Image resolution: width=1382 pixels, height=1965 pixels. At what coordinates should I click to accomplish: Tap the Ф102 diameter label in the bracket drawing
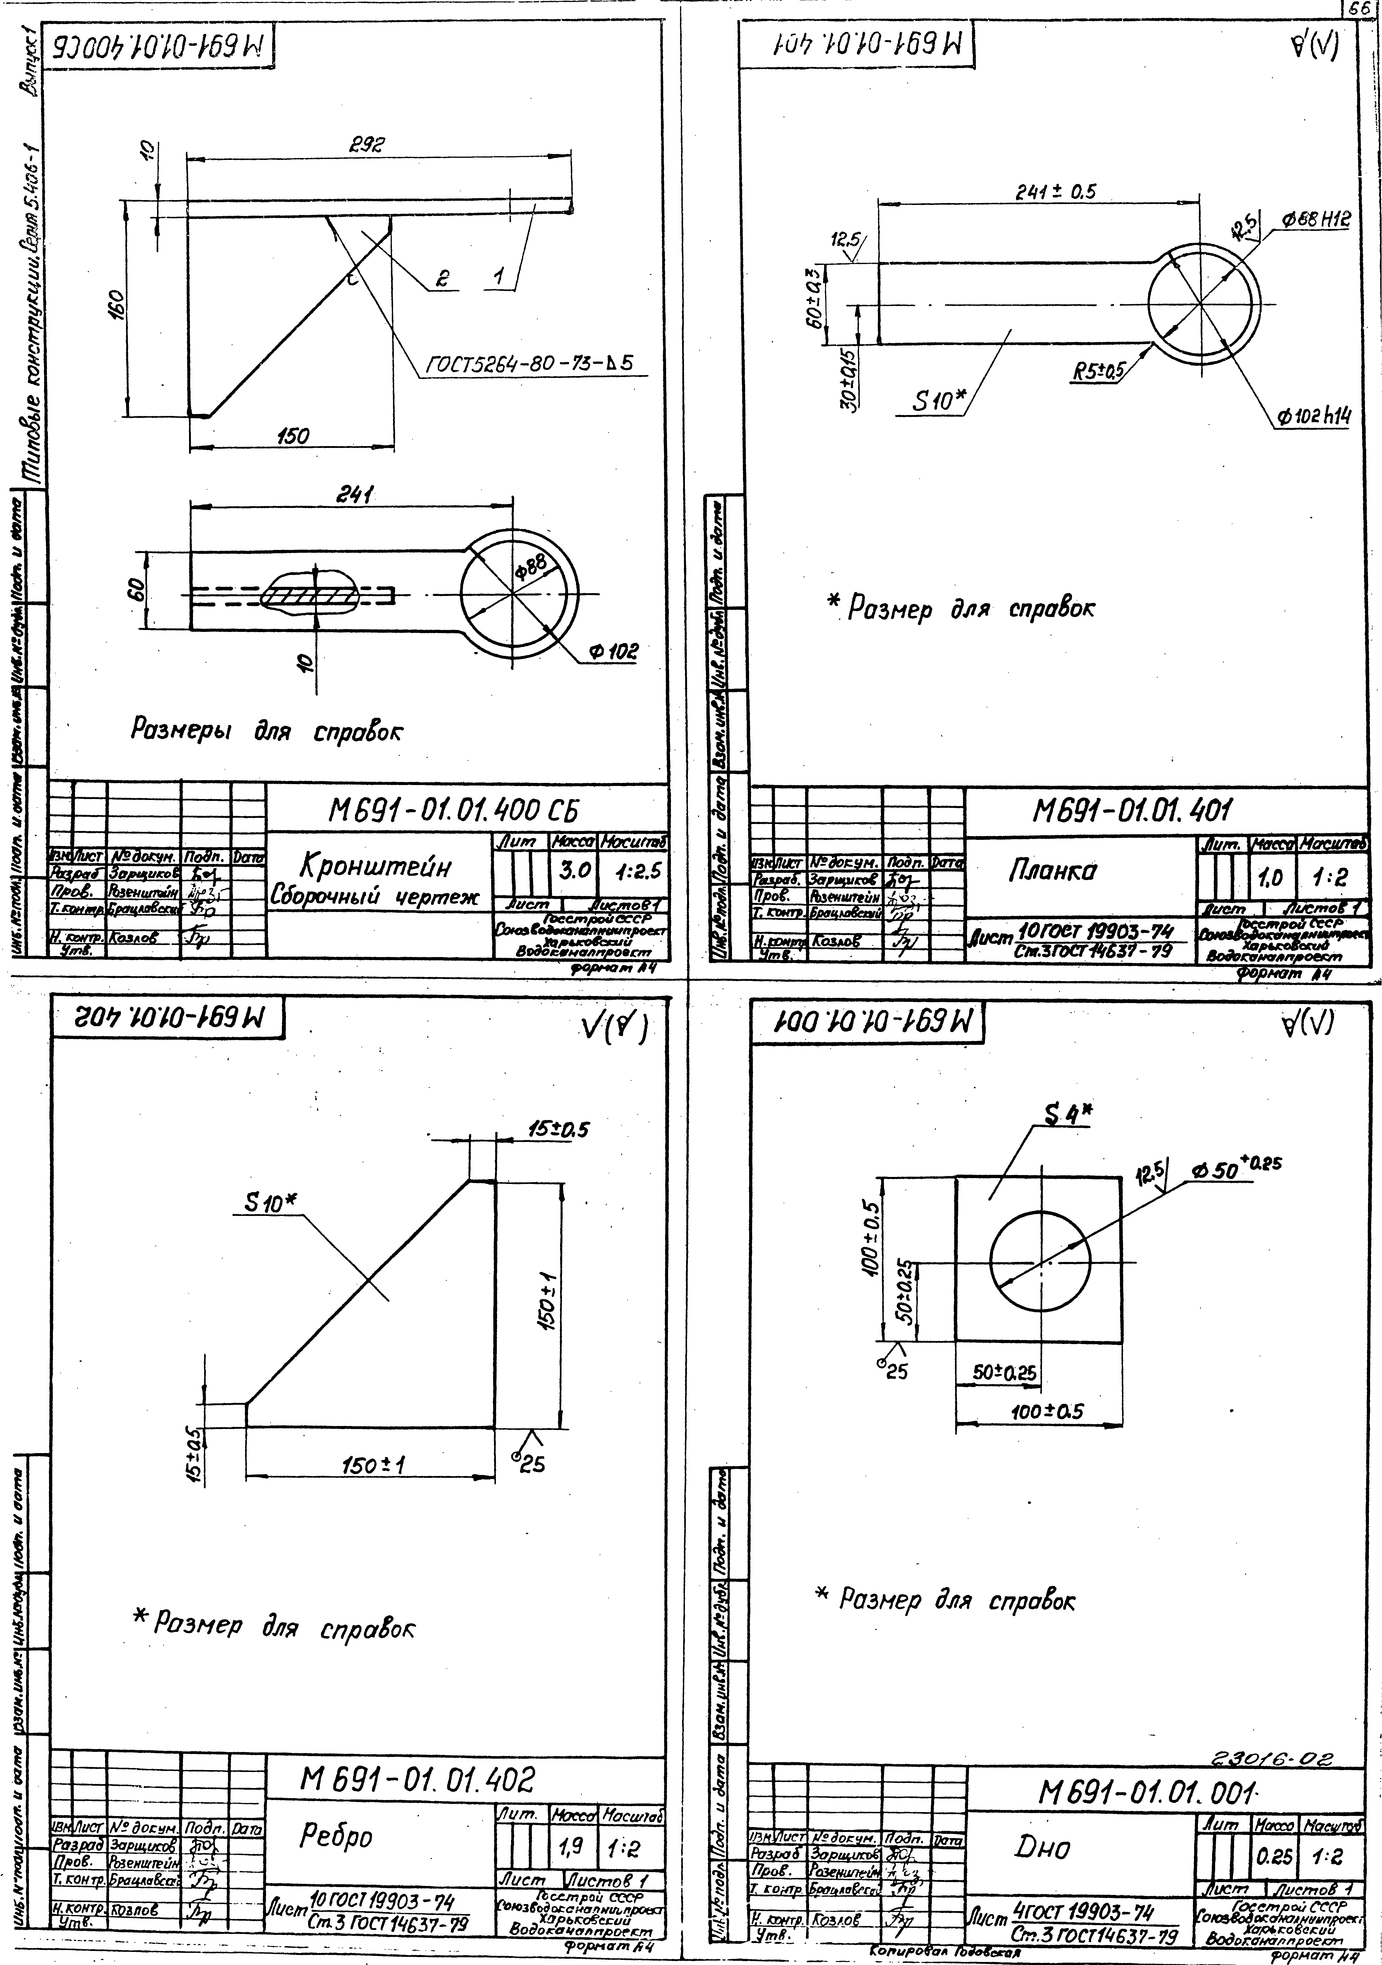(613, 652)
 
